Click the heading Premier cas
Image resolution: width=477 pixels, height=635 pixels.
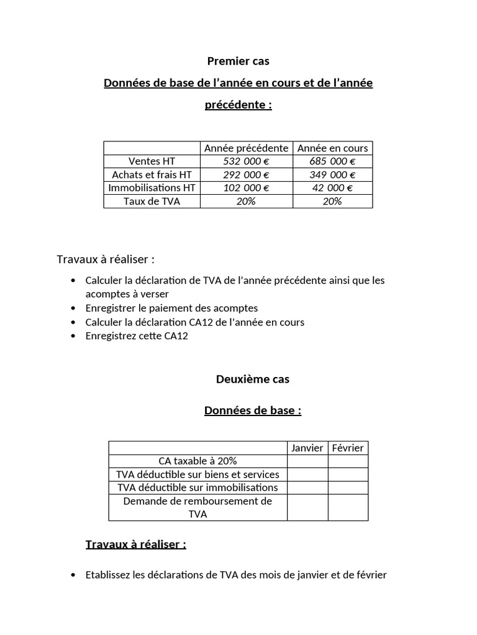pos(238,61)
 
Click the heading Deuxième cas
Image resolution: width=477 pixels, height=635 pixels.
pos(252,379)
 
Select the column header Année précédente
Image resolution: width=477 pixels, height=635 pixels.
pos(246,148)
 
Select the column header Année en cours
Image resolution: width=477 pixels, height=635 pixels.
pos(332,148)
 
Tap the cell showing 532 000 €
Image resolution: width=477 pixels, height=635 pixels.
pos(246,161)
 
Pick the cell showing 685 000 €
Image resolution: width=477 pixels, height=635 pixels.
pos(332,161)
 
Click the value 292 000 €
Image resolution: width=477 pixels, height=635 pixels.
pos(246,175)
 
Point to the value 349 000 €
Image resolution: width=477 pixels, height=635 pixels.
pos(332,175)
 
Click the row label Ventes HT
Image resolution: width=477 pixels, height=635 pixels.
pos(152,161)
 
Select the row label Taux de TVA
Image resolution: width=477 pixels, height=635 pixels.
pos(152,202)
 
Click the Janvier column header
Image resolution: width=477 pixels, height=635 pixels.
pos(307,448)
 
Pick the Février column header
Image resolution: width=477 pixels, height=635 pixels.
pos(348,448)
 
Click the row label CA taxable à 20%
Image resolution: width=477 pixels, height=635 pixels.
pos(198,461)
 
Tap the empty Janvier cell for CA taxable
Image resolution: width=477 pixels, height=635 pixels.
pos(307,461)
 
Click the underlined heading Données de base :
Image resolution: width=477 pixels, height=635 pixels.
pos(252,411)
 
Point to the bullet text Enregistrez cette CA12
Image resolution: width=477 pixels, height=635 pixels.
pos(137,336)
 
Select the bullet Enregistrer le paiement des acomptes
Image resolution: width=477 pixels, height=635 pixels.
pos(171,308)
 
